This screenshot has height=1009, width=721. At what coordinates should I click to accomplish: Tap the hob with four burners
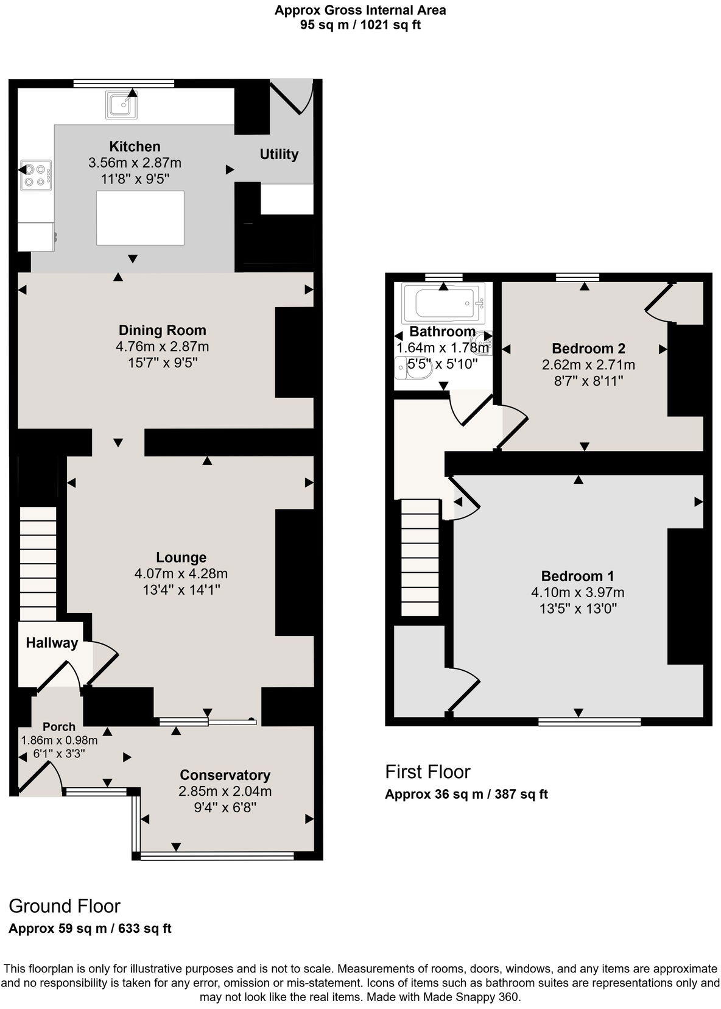tap(35, 175)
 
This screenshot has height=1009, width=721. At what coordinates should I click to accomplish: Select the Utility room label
tap(279, 154)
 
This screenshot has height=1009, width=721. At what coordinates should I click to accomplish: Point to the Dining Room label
tap(162, 330)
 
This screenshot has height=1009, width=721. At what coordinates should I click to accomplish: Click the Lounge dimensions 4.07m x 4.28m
tap(181, 573)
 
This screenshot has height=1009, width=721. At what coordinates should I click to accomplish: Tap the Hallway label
tap(52, 643)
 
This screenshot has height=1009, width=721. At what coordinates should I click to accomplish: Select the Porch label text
tap(59, 726)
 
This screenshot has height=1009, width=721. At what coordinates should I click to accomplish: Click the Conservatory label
tap(225, 775)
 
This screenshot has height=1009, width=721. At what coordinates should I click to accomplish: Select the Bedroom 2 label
tap(588, 349)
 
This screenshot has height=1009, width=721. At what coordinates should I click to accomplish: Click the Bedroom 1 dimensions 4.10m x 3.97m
tap(577, 592)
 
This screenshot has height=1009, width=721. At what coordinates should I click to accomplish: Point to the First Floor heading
tap(427, 772)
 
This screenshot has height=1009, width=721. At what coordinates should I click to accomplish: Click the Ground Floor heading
tap(65, 906)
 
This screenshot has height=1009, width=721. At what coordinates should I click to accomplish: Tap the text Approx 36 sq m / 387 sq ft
tap(466, 795)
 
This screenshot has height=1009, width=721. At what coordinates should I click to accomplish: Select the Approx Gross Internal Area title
tap(360, 10)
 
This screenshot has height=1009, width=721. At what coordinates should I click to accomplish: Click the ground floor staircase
tap(38, 564)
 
